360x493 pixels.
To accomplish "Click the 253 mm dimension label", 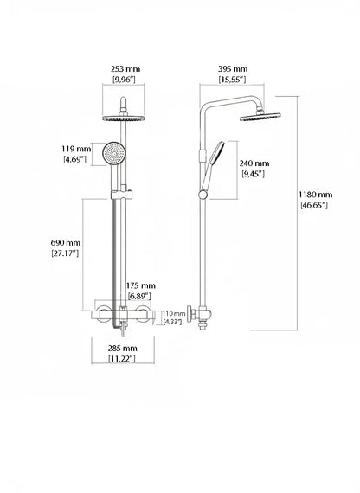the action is tap(125, 69).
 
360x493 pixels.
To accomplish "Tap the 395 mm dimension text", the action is tap(233, 69).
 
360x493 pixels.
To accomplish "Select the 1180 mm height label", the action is tap(315, 195).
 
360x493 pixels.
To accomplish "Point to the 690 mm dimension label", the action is tap(66, 243).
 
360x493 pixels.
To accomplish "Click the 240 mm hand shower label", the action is tap(254, 163).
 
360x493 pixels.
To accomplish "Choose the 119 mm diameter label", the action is tap(76, 149).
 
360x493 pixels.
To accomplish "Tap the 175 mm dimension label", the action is tap(141, 285).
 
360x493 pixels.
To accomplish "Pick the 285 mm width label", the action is tap(123, 348).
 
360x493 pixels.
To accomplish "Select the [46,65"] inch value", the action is tap(315, 205).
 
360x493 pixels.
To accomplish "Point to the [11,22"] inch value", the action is tap(122, 358).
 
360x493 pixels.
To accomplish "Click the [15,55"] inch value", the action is tap(232, 80).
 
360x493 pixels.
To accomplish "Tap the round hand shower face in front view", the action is tap(114, 153).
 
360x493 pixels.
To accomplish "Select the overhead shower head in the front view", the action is tap(124, 118).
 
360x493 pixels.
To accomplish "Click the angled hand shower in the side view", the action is tap(211, 170).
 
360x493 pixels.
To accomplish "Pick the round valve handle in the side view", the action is tap(190, 313).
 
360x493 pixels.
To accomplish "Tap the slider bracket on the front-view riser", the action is tap(121, 195).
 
